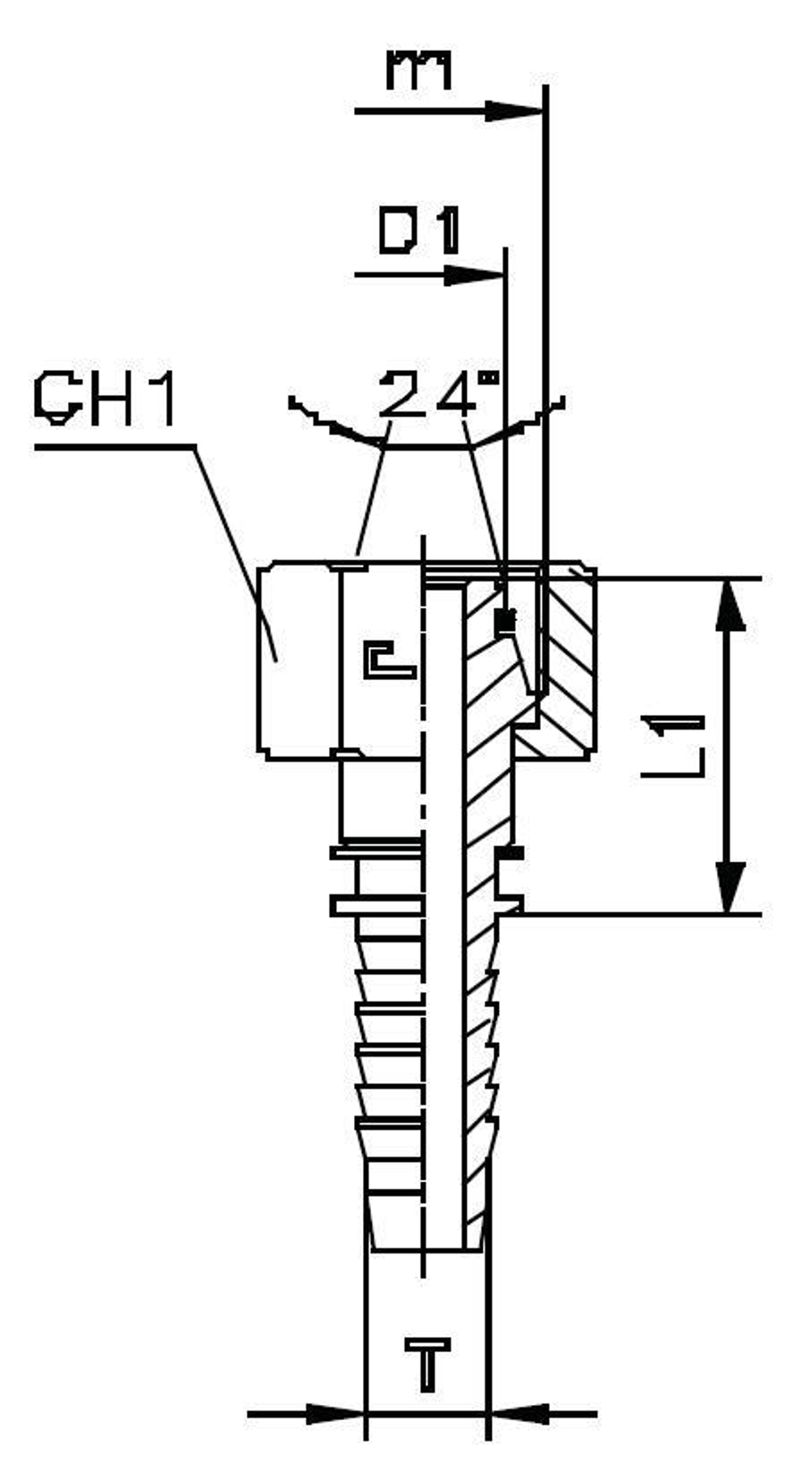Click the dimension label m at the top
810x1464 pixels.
pos(419,70)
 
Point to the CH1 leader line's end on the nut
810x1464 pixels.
pos(276,660)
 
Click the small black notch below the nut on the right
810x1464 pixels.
pos(510,853)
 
